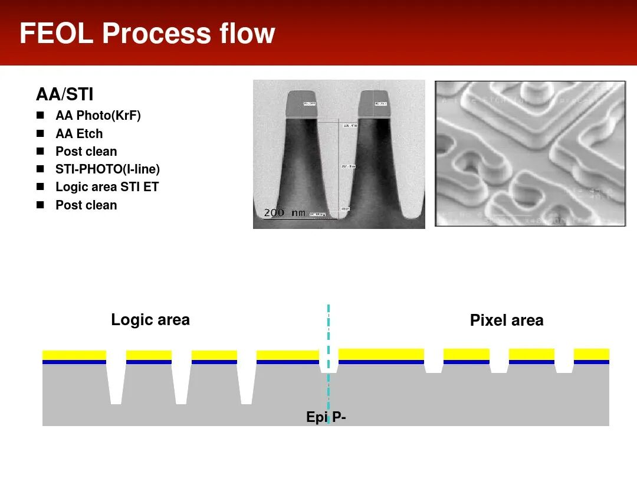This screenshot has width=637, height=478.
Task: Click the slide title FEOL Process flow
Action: click(x=147, y=33)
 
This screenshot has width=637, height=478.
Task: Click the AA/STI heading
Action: click(x=64, y=94)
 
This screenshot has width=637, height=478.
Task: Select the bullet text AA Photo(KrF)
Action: click(x=98, y=116)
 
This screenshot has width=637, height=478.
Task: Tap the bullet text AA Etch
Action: click(x=79, y=133)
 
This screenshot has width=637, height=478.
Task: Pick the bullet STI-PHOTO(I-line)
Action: click(x=107, y=169)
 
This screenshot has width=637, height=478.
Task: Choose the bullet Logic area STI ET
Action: click(x=107, y=187)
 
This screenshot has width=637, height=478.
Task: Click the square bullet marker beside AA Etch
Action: click(x=40, y=133)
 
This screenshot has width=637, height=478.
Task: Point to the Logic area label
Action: click(x=150, y=320)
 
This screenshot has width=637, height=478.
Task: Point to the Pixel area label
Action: click(x=506, y=320)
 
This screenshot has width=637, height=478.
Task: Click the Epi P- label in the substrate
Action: click(x=326, y=417)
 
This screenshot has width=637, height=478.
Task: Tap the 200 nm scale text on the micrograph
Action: click(x=284, y=212)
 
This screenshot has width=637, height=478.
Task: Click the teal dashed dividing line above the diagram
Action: click(x=328, y=325)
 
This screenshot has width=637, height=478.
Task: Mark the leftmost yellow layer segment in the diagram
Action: click(x=74, y=355)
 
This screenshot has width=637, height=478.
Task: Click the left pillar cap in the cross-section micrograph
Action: click(x=301, y=104)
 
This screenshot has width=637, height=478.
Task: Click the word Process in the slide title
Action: click(x=156, y=33)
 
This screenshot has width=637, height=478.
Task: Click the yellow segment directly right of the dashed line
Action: click(x=381, y=353)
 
